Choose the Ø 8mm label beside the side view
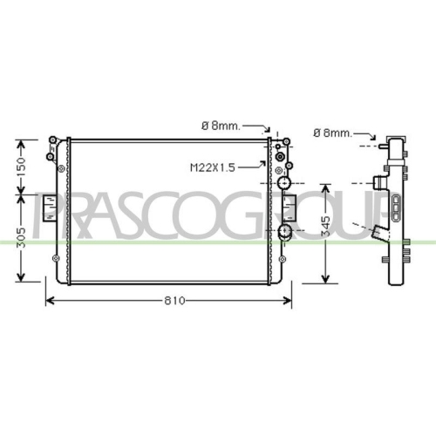pos(331,133)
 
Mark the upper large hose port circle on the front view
pos(284,185)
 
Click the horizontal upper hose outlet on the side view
pos(377,184)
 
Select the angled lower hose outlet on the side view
pos(378,234)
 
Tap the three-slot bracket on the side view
pos(398,209)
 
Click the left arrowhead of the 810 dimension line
pos(49,301)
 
